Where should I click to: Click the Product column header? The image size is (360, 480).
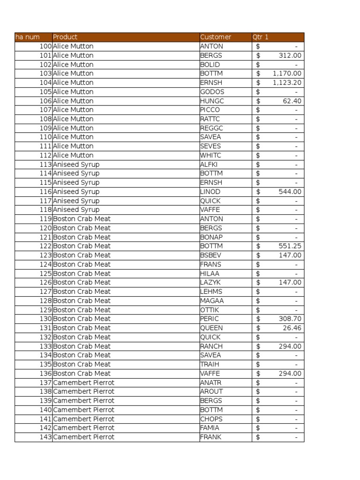tap(65, 37)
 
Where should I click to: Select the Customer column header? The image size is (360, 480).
tap(216, 37)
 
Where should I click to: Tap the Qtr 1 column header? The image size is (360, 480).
tap(261, 37)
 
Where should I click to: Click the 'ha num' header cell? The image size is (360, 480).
tap(28, 37)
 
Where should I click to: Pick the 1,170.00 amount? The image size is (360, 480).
tap(287, 74)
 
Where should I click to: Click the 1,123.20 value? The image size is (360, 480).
tap(287, 82)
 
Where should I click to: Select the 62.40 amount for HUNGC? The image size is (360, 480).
tap(292, 101)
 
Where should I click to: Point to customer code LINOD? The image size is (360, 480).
tap(210, 192)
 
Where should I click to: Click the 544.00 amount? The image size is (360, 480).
tap(290, 192)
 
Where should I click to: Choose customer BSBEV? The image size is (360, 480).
tap(210, 255)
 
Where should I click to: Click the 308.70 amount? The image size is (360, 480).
tap(290, 319)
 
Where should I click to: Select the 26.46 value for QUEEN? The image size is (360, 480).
tap(292, 328)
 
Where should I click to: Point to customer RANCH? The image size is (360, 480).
tap(211, 346)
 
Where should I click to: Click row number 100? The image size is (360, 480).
tap(45, 46)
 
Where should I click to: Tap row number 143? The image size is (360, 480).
tap(45, 437)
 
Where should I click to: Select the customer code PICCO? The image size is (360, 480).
tap(210, 110)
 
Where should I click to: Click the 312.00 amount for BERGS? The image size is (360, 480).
tap(290, 55)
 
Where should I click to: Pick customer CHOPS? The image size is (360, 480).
tap(211, 419)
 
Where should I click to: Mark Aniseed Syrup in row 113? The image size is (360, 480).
tap(76, 165)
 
